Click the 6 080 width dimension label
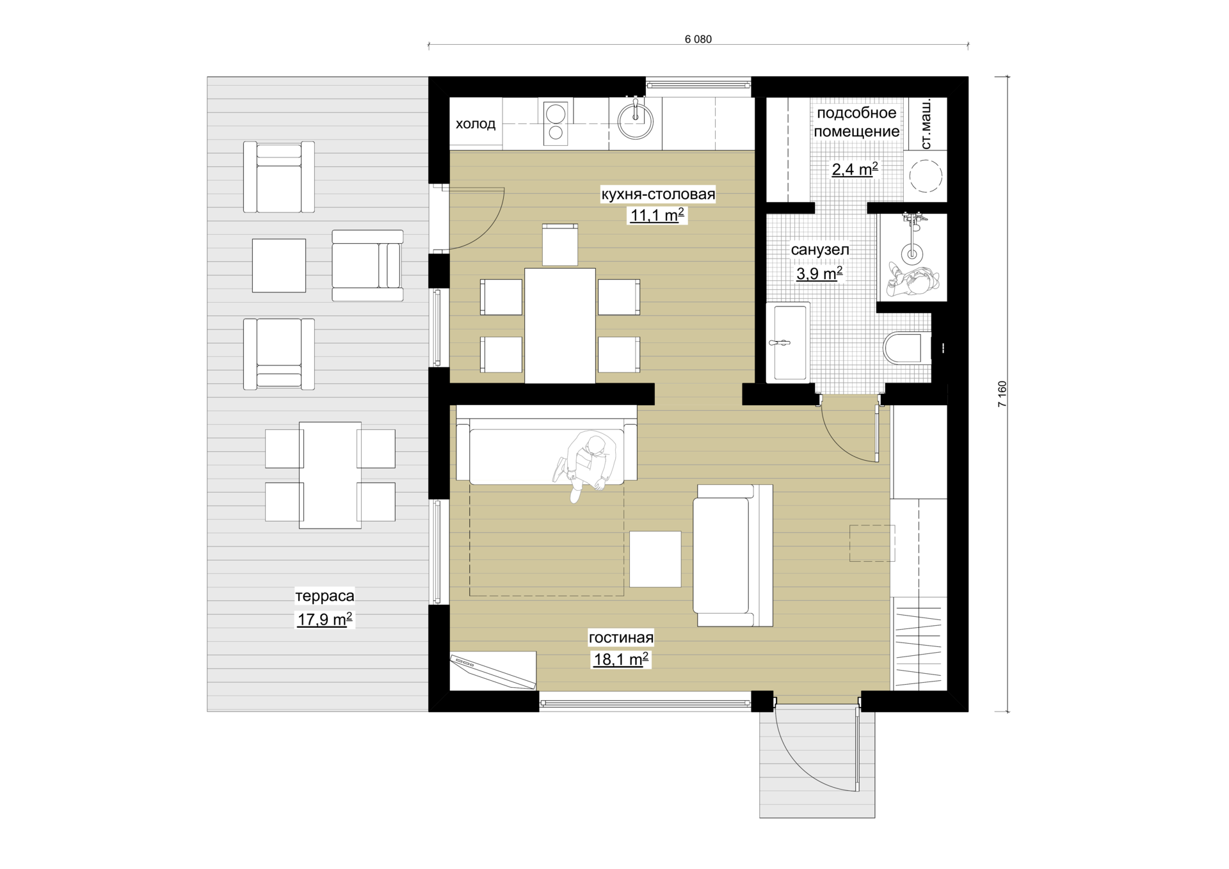click(698, 39)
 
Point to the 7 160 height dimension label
click(1002, 394)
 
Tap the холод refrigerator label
click(476, 124)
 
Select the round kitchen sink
click(635, 120)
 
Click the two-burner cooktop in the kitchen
click(556, 123)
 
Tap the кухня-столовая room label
click(658, 194)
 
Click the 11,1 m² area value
click(657, 215)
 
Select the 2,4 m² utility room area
click(855, 169)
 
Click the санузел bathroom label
click(820, 250)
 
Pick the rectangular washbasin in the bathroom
click(788, 342)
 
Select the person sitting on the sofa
click(587, 465)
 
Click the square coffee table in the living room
click(655, 559)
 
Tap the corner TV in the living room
click(493, 671)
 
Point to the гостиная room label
click(621, 637)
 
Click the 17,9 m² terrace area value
click(325, 619)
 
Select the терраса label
click(325, 596)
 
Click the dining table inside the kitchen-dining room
click(560, 326)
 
